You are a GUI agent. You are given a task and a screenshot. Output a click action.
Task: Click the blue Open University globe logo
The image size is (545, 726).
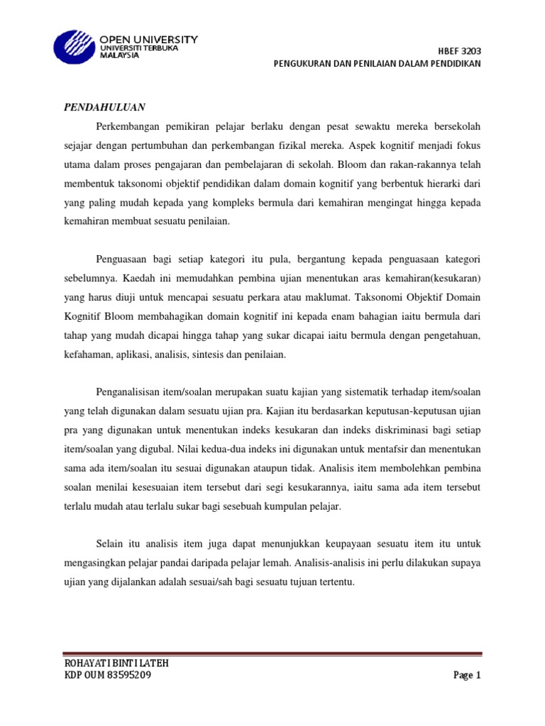pos(74,48)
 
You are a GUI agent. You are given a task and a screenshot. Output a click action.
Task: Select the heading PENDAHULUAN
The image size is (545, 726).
pos(105,107)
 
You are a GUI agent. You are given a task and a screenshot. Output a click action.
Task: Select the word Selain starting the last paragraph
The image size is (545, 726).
pos(109,544)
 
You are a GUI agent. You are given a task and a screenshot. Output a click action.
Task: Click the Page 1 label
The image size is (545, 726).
pos(467,676)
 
